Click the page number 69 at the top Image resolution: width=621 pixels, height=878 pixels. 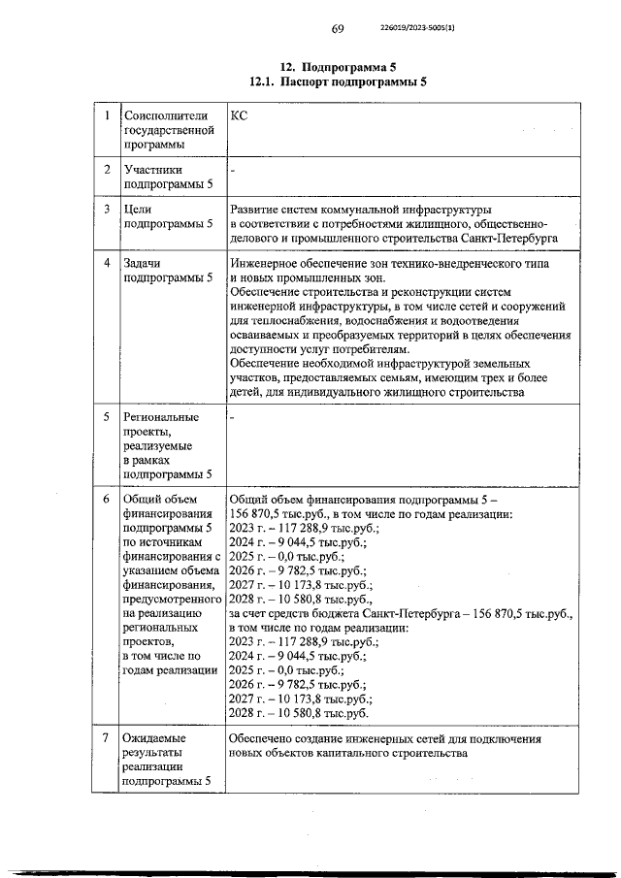pyautogui.click(x=338, y=29)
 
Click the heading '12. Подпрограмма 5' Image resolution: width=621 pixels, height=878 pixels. pyautogui.click(x=338, y=67)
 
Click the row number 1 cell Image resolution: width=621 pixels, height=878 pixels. pyautogui.click(x=107, y=117)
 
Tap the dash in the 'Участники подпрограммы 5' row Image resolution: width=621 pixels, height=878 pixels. pyautogui.click(x=233, y=171)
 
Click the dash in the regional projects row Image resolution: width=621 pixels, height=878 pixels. pyautogui.click(x=233, y=418)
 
